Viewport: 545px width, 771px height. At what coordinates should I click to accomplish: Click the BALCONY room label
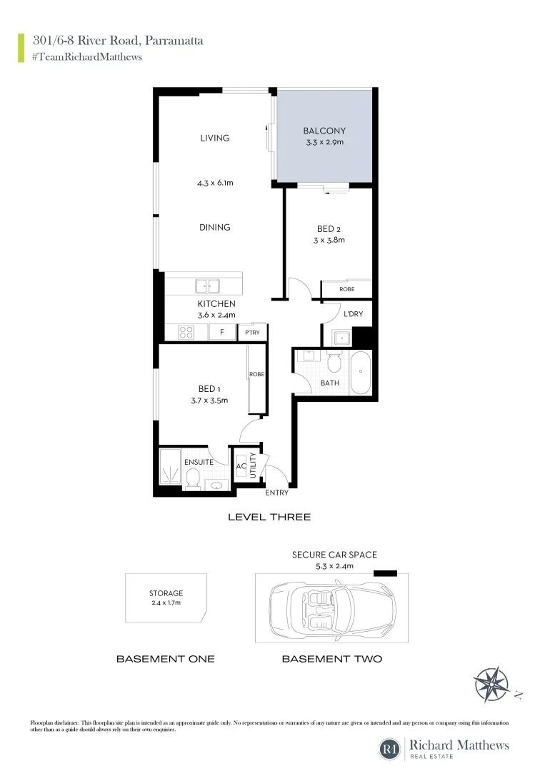coord(324,131)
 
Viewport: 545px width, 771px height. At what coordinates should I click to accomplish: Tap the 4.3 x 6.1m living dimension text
coord(215,183)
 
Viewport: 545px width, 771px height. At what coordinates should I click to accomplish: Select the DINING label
coord(215,227)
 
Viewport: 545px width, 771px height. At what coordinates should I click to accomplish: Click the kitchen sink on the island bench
coord(208,286)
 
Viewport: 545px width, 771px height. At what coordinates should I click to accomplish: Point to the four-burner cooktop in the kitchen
coord(186,332)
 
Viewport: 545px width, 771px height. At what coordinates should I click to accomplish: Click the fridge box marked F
coord(222,332)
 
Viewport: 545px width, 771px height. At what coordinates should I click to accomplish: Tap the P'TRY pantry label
coord(252,333)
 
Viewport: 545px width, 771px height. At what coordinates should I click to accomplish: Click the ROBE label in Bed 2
coord(346,289)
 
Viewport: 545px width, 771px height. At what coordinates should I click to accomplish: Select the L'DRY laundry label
coord(354,314)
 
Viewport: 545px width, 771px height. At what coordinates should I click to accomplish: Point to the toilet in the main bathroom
coord(334,365)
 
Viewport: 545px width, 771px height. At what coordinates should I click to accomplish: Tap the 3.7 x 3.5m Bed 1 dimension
coord(209,400)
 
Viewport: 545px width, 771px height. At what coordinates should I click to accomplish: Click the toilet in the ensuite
coord(191,482)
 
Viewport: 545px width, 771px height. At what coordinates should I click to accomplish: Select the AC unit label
coord(241,466)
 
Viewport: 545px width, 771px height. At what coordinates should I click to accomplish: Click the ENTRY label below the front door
coord(276,493)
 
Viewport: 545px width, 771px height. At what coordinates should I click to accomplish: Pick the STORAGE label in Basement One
coord(166,593)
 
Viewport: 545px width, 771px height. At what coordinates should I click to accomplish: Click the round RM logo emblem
coord(390,749)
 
